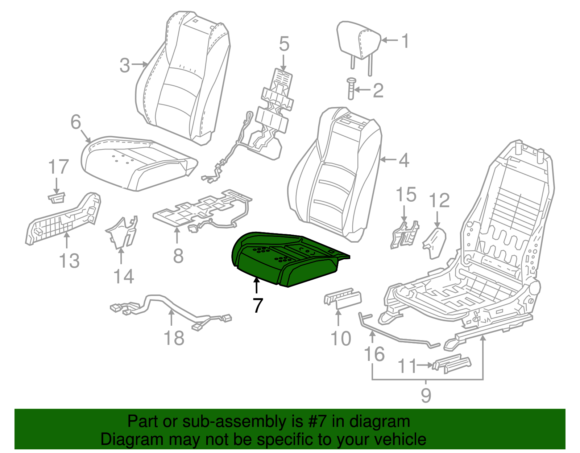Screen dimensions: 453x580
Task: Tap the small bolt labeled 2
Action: pos(351,88)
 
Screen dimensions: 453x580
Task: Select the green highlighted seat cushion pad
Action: pos(286,259)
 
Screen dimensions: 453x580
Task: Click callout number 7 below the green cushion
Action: pos(257,305)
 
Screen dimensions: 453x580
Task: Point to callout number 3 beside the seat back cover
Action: pos(125,66)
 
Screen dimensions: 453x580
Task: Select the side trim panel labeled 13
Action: pos(63,219)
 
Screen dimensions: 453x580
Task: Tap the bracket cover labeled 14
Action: pos(121,232)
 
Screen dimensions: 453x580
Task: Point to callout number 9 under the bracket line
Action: pos(426,395)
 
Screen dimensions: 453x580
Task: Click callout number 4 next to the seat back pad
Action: pos(403,160)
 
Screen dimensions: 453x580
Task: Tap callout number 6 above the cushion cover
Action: pos(75,122)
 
